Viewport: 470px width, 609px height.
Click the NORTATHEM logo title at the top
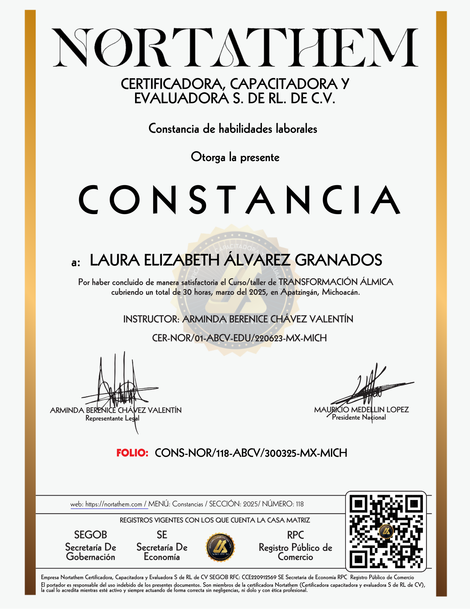pos(235,48)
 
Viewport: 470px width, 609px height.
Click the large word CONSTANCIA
pos(239,200)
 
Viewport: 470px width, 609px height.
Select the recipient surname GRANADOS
pos(338,260)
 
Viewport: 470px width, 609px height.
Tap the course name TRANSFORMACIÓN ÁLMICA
pos(336,282)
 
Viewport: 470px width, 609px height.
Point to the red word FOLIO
pos(132,453)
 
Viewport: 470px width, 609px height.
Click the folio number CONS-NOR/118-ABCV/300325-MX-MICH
pos(251,453)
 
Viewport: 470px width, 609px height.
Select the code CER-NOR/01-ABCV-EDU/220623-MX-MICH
pos(239,338)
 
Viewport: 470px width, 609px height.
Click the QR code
pos(386,531)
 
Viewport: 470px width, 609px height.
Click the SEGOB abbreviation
pos(91,535)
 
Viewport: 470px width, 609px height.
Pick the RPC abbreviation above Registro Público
pos(295,535)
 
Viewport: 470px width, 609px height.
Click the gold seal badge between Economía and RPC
pos(221,547)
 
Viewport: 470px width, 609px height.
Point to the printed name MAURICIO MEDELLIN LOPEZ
pos(361,410)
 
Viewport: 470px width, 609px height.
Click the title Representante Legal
pos(112,418)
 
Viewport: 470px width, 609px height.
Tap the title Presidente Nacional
pos(359,417)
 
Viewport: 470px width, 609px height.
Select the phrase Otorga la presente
pos(235,157)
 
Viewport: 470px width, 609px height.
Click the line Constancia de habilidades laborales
pos(233,129)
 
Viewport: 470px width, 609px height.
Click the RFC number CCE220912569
pos(259,577)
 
